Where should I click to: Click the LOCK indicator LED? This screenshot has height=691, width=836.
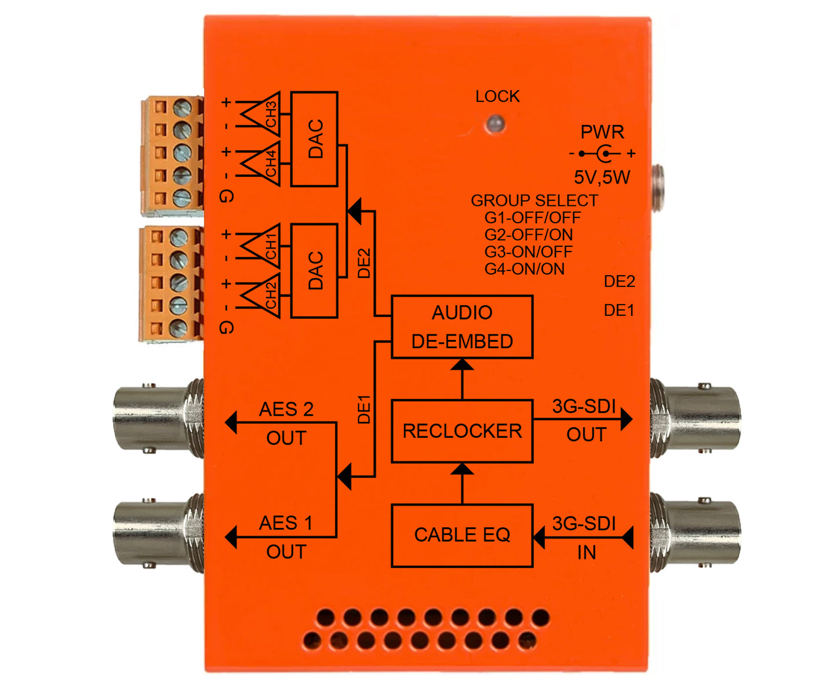(495, 124)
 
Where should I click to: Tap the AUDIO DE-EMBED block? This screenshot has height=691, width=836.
(462, 327)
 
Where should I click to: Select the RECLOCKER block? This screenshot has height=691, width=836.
(462, 431)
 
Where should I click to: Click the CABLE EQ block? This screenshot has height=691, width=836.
(462, 535)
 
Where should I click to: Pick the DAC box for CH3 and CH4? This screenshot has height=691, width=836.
(314, 139)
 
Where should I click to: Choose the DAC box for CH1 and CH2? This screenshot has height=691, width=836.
(314, 271)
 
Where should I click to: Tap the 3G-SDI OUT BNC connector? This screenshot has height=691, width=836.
(694, 418)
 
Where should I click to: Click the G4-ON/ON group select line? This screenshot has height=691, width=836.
(524, 269)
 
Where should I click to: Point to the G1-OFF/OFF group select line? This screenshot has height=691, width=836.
(532, 218)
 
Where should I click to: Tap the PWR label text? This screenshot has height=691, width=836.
(602, 132)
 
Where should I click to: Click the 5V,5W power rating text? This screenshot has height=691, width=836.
(602, 177)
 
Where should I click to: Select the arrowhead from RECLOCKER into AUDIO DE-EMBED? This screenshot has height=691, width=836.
(462, 365)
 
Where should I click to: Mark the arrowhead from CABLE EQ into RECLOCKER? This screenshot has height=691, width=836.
(462, 468)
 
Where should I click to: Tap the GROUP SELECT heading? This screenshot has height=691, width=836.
(534, 201)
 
